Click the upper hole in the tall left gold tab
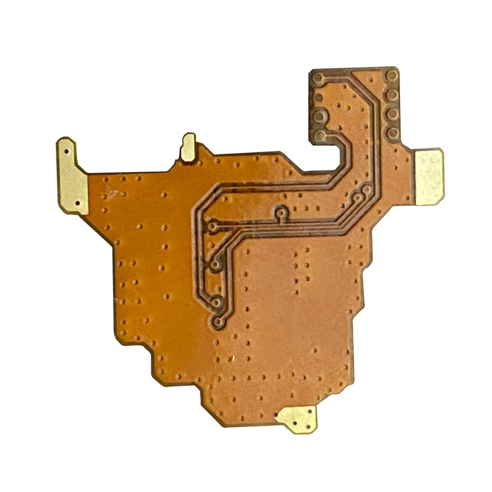point(66,151)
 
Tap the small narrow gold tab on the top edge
point(189,147)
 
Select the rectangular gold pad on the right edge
point(429,177)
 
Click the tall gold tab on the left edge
point(72,177)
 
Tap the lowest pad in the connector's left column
point(320,135)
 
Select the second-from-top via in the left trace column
point(215,264)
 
